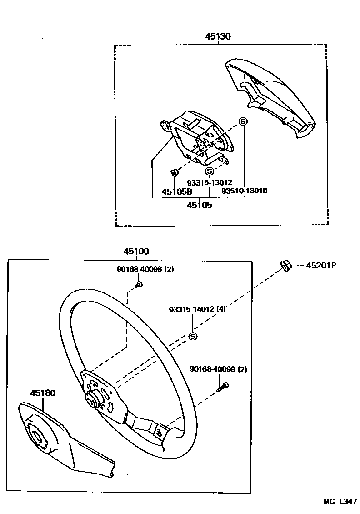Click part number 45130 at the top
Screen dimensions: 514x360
pos(218,37)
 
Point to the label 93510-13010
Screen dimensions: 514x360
pos(244,191)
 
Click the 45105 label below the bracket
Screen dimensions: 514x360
pos(200,205)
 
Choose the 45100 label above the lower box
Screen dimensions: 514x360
pos(136,252)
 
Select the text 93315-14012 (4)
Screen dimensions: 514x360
pos(197,309)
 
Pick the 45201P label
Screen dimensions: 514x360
pos(320,265)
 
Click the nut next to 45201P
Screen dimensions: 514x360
pos(285,265)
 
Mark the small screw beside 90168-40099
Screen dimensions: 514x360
pos(224,387)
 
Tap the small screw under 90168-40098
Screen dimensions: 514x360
pos(139,285)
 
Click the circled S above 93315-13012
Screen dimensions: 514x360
pos(210,171)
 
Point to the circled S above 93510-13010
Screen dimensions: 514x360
pos(243,122)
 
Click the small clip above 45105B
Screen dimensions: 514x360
pos(173,172)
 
